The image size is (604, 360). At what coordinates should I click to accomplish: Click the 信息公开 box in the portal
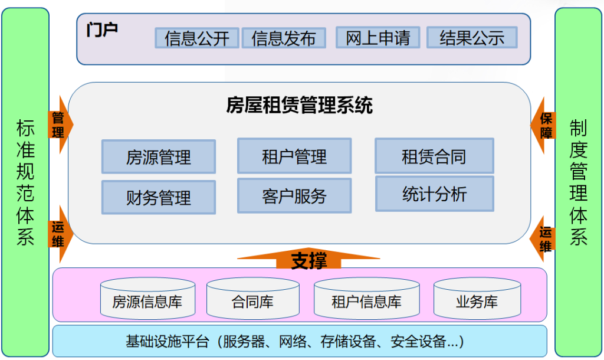pyautogui.click(x=197, y=38)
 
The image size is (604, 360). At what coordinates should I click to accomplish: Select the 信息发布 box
pyautogui.click(x=284, y=38)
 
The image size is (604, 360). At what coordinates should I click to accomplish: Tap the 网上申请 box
pyautogui.click(x=377, y=37)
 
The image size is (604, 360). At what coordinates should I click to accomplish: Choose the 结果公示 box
pyautogui.click(x=471, y=37)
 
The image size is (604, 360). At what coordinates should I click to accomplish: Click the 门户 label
pyautogui.click(x=101, y=30)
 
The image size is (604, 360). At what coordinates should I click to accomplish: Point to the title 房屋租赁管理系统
pyautogui.click(x=299, y=106)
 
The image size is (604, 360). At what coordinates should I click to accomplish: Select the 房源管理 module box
pyautogui.click(x=158, y=156)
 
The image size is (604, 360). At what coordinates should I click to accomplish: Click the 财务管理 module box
pyautogui.click(x=158, y=197)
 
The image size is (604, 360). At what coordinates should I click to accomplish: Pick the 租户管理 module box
pyautogui.click(x=294, y=156)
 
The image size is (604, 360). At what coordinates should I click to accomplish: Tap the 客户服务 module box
pyautogui.click(x=294, y=195)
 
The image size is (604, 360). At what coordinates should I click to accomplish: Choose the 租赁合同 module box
pyautogui.click(x=434, y=156)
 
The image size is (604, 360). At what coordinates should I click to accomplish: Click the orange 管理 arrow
pyautogui.click(x=60, y=125)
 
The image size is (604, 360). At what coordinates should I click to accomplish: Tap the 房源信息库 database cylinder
pyautogui.click(x=147, y=299)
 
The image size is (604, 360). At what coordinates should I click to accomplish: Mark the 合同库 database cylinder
pyautogui.click(x=252, y=299)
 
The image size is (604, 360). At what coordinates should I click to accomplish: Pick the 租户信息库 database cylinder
pyautogui.click(x=366, y=299)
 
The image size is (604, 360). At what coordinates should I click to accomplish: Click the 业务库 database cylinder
pyautogui.click(x=477, y=299)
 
